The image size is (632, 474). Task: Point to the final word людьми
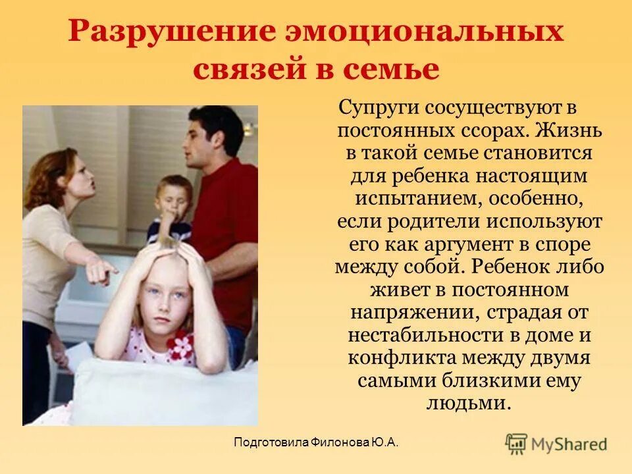pos(469,404)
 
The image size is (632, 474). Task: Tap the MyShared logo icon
pos(516,443)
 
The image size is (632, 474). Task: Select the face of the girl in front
pos(161,300)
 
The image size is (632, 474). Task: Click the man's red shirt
pos(227,224)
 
